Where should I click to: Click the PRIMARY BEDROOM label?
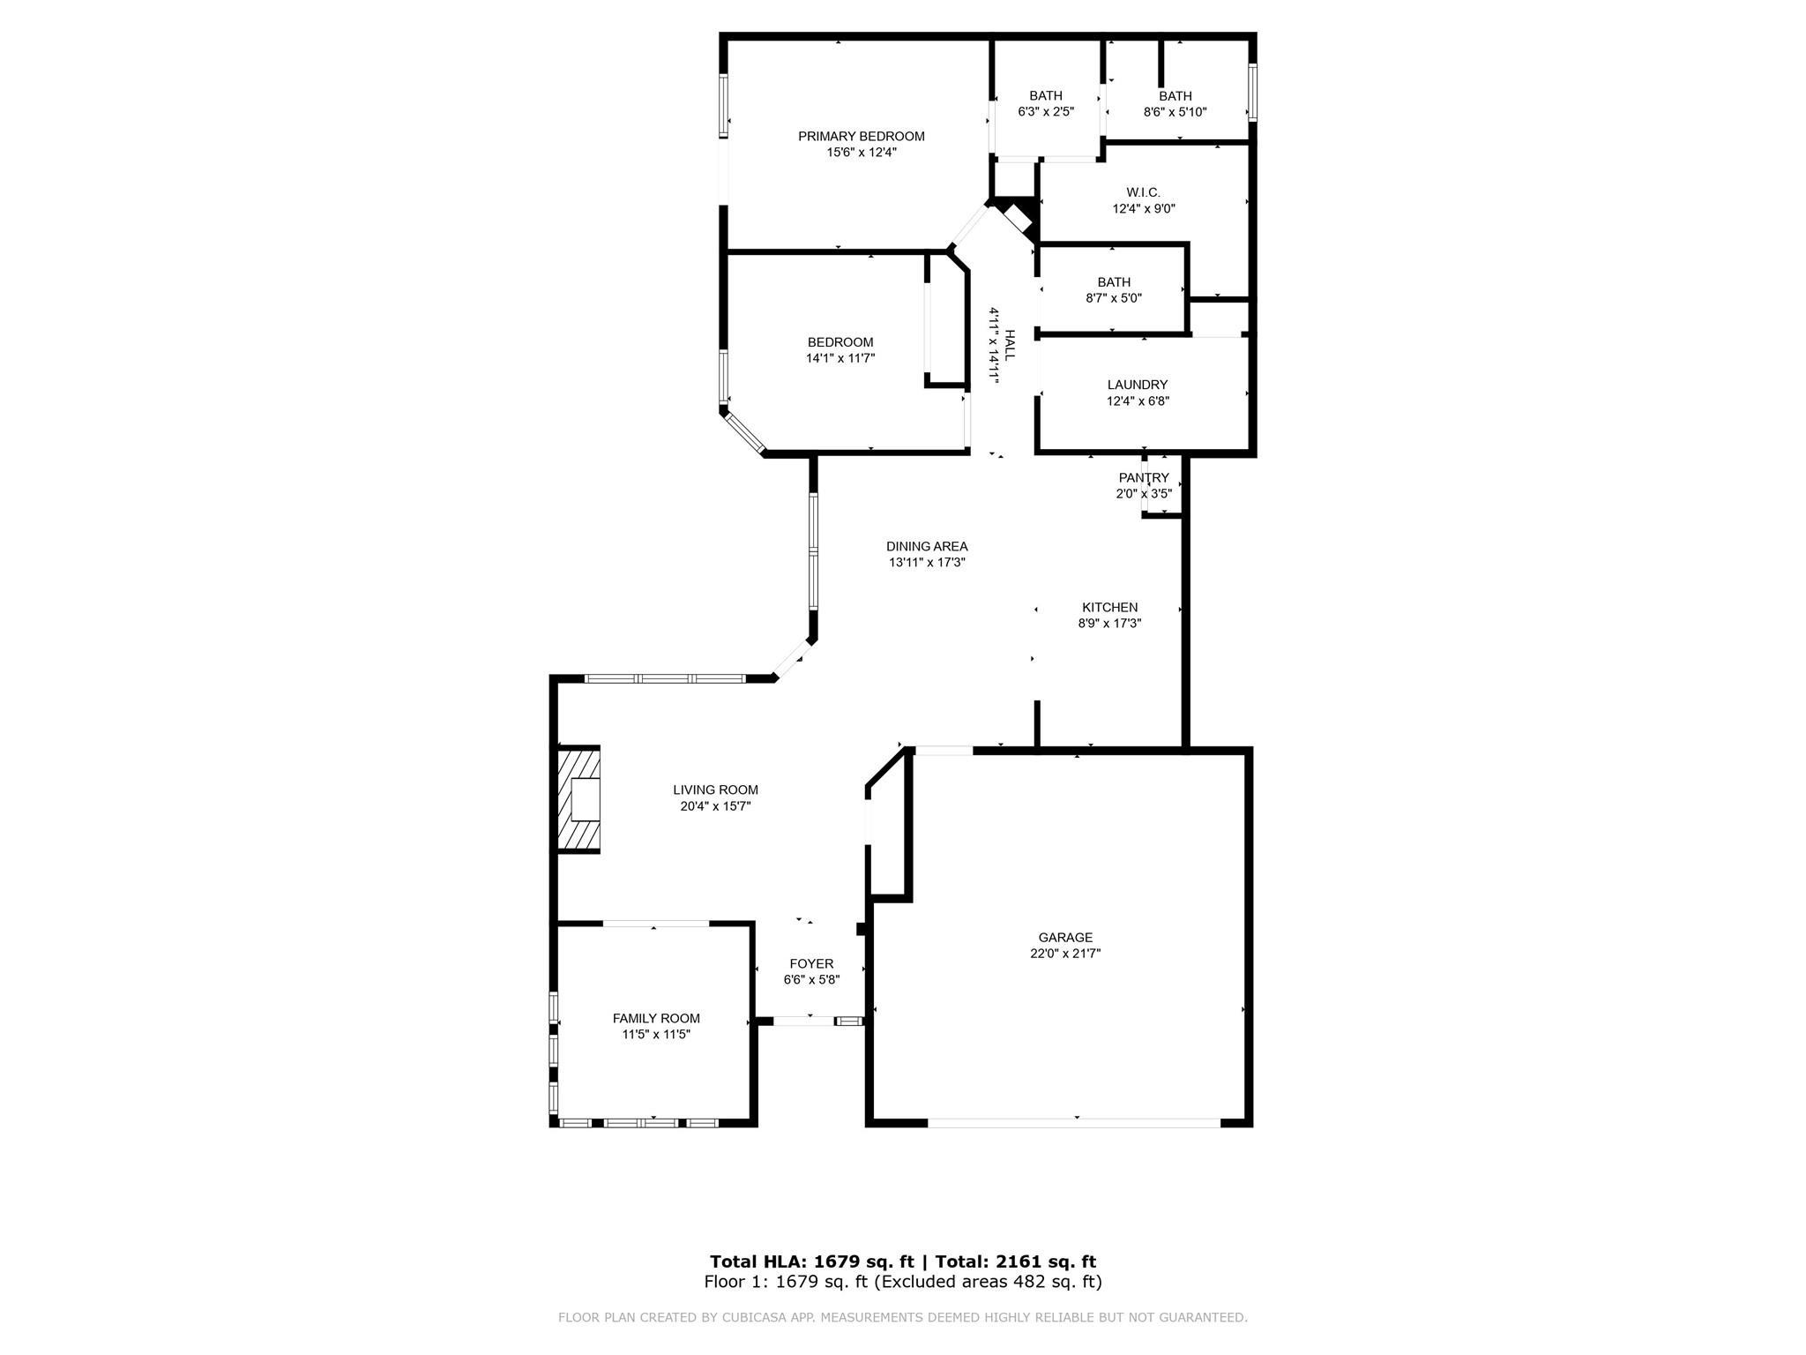click(861, 136)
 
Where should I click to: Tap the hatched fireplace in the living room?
click(579, 799)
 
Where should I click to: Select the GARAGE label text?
click(1065, 938)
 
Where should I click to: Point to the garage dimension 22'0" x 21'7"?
click(1065, 954)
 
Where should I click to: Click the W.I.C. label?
click(1143, 192)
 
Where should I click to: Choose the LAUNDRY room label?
click(1137, 385)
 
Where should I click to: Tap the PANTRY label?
click(1144, 478)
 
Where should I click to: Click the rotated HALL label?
click(1010, 345)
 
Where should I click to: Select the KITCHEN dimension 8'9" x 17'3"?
click(1109, 624)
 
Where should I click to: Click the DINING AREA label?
click(927, 546)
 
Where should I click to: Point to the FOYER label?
click(811, 964)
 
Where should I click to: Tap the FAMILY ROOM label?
click(656, 1018)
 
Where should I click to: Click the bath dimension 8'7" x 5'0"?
click(1113, 298)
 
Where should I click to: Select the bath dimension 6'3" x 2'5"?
click(1046, 112)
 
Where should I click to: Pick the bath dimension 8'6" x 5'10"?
click(1175, 112)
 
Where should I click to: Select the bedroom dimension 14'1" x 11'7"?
click(840, 358)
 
